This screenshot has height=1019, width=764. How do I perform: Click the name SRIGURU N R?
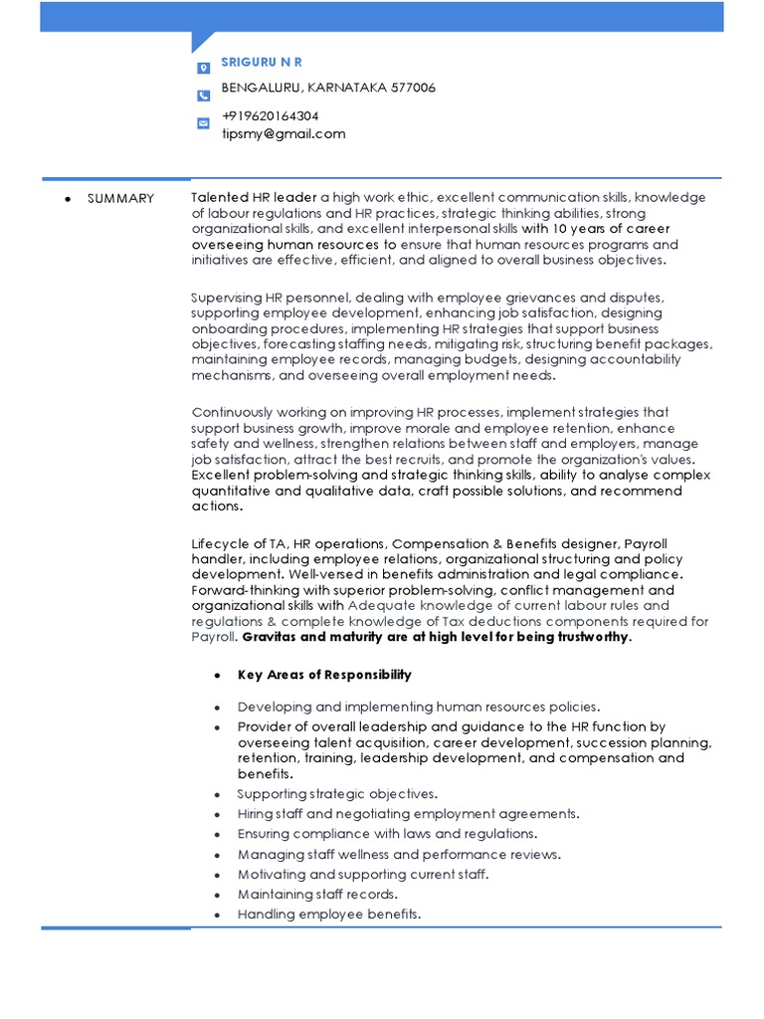click(261, 63)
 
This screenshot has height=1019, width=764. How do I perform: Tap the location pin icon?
click(203, 69)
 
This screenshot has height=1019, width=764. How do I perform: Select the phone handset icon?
click(203, 96)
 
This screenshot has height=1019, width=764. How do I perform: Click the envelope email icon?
click(203, 123)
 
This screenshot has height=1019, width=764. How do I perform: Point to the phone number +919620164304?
click(270, 116)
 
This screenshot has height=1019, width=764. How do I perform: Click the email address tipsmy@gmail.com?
click(284, 133)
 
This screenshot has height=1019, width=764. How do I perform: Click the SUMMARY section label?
click(120, 199)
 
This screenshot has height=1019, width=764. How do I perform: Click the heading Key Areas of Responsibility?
click(324, 675)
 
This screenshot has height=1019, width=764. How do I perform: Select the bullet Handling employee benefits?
click(329, 915)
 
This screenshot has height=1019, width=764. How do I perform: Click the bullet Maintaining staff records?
click(317, 895)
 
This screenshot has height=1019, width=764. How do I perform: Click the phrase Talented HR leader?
click(254, 198)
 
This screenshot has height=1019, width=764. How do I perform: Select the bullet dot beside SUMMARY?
click(68, 199)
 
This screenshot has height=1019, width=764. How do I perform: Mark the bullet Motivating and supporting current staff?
click(363, 875)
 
